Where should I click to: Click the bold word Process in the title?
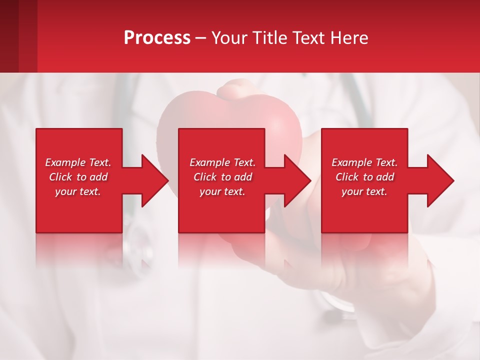pos(157,38)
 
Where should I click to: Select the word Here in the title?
pos(348,38)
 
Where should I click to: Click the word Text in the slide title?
pos(308,38)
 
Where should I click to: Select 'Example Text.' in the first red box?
pos(78,162)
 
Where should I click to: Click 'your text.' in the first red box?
pos(78,191)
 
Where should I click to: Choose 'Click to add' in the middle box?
pos(222,177)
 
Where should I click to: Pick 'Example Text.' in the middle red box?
pos(222,162)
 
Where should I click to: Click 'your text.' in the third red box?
pos(364,191)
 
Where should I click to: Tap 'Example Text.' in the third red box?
pos(364,162)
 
